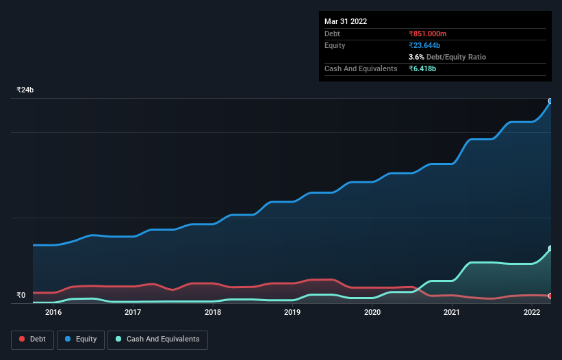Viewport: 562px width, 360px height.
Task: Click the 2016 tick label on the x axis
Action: [x=53, y=313]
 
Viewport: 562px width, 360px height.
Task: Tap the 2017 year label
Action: [x=133, y=313]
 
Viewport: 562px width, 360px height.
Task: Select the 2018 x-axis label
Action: [x=213, y=313]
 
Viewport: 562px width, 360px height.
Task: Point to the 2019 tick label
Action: [x=292, y=313]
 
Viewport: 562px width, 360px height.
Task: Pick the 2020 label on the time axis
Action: [x=372, y=313]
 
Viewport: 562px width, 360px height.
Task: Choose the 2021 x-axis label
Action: [x=452, y=313]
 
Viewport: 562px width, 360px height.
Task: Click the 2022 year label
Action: [x=532, y=313]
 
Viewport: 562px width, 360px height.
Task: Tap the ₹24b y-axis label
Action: [x=25, y=90]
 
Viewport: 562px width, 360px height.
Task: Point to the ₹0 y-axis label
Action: [x=21, y=296]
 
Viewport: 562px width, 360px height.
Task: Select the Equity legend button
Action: [x=81, y=339]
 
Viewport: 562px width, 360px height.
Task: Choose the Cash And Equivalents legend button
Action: [x=157, y=339]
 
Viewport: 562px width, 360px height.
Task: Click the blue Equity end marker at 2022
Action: [x=550, y=101]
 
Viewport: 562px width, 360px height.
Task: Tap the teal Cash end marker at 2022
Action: [x=550, y=248]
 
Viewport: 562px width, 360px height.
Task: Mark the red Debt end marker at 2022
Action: [x=550, y=296]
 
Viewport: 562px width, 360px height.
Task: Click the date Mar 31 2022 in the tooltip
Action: [x=346, y=21]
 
